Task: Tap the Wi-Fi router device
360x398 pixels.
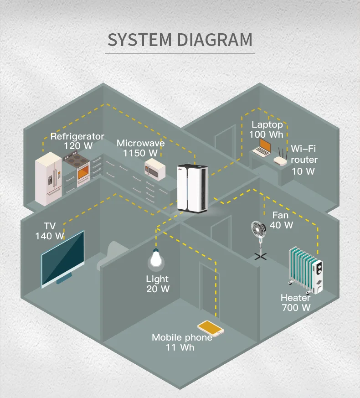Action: (x=279, y=158)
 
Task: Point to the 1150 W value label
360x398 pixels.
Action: (x=140, y=153)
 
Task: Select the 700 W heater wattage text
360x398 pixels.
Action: (x=296, y=308)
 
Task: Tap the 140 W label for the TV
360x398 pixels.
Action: (x=50, y=236)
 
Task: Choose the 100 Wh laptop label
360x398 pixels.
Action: (x=266, y=134)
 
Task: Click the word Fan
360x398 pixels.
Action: (x=280, y=215)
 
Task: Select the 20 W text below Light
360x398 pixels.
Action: (x=158, y=289)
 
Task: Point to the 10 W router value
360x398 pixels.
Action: (x=303, y=171)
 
